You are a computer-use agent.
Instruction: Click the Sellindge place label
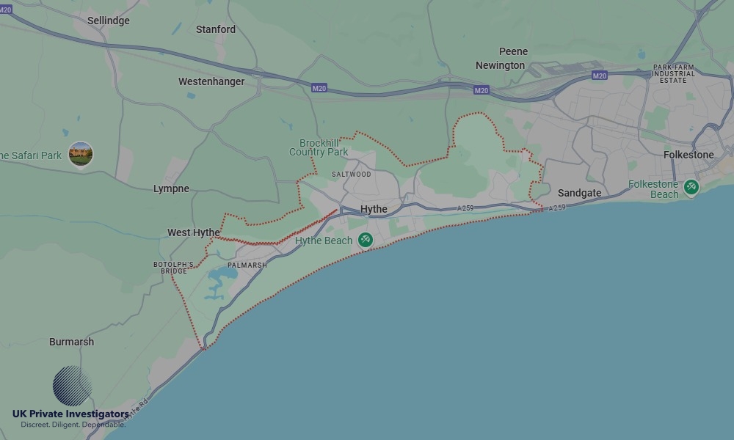pos(108,21)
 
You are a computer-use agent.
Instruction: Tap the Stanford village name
pos(216,29)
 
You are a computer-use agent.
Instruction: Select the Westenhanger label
pos(211,81)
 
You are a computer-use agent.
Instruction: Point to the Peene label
pos(513,51)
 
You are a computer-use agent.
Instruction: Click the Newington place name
pos(500,65)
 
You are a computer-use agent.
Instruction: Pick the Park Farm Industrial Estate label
pos(674,73)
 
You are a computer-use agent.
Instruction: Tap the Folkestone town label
pos(688,155)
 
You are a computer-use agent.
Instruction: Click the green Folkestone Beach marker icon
pos(691,187)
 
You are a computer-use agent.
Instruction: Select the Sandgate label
pos(579,193)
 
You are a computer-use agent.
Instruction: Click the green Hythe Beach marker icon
pos(365,240)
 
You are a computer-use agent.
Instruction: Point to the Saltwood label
pos(352,175)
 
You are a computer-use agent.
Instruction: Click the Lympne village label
pos(171,188)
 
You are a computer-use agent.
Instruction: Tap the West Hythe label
pos(193,232)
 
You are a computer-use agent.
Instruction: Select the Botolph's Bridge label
pos(174,268)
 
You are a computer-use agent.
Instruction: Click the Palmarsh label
pos(247,265)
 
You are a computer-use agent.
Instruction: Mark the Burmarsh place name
pos(71,342)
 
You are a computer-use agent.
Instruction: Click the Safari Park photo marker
pos(81,154)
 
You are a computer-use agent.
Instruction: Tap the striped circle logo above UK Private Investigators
pos(72,386)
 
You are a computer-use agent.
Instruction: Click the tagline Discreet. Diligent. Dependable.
pos(73,425)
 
